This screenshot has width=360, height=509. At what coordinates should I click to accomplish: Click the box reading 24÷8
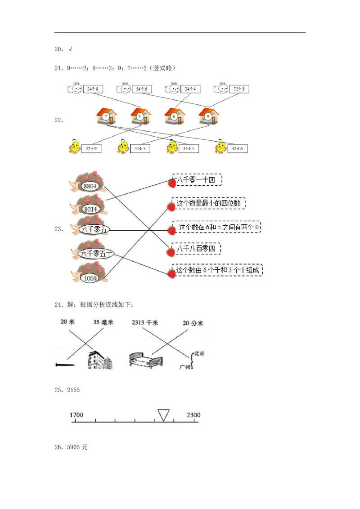[93, 89]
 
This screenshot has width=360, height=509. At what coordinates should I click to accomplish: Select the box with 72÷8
[239, 89]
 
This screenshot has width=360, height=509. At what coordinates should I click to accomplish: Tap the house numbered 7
[106, 116]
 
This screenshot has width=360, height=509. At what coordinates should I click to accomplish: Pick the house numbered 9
[208, 116]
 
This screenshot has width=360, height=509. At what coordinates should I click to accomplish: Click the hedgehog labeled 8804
[89, 184]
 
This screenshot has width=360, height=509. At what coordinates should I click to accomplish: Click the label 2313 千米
[145, 322]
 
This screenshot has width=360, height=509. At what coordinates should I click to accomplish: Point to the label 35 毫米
[103, 322]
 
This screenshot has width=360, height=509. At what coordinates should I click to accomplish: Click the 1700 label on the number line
[76, 415]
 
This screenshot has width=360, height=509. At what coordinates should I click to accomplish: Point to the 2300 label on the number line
[193, 415]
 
